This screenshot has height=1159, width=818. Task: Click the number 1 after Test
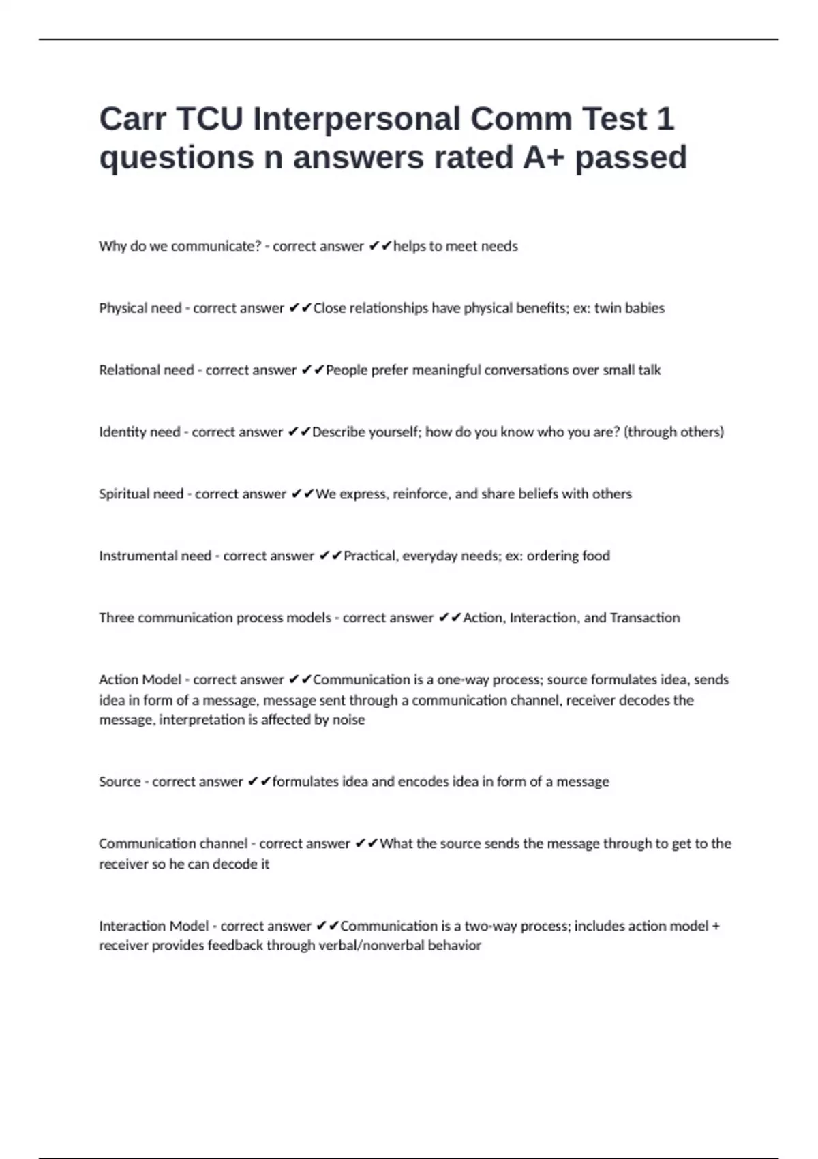pyautogui.click(x=665, y=119)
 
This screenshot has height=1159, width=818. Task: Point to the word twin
pyautogui.click(x=607, y=308)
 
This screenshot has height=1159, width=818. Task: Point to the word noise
pyautogui.click(x=348, y=720)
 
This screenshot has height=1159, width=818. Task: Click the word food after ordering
pyautogui.click(x=596, y=556)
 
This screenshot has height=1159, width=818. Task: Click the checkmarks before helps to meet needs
pyautogui.click(x=380, y=246)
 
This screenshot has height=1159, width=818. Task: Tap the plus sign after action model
pyautogui.click(x=715, y=926)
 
